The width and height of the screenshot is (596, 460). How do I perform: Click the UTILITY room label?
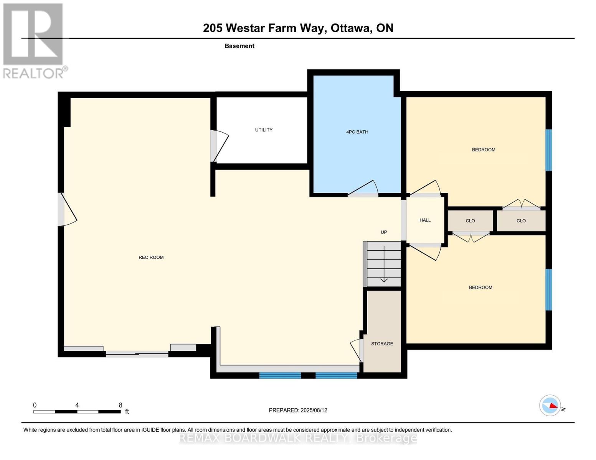[264, 130]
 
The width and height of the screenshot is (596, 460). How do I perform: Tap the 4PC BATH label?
[357, 132]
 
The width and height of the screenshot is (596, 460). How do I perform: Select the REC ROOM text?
[151, 257]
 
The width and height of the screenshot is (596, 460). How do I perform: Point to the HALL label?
[425, 220]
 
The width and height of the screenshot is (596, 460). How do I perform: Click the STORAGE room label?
[382, 343]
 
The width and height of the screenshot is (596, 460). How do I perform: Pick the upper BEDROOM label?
[483, 149]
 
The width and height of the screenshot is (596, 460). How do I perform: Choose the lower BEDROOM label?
[480, 287]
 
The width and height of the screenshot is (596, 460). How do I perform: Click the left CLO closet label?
[470, 221]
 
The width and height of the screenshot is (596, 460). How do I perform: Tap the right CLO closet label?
[521, 221]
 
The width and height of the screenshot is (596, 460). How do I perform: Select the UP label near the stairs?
[383, 232]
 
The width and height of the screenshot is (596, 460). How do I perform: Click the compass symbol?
[550, 405]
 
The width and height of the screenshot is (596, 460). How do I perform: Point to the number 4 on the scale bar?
[77, 405]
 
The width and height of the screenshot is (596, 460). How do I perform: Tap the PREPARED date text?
[298, 410]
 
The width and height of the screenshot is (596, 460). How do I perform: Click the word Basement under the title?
[239, 46]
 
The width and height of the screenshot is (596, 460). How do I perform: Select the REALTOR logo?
[34, 41]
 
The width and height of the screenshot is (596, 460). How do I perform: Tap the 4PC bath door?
[363, 189]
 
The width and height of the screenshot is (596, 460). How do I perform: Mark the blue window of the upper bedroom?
[549, 150]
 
